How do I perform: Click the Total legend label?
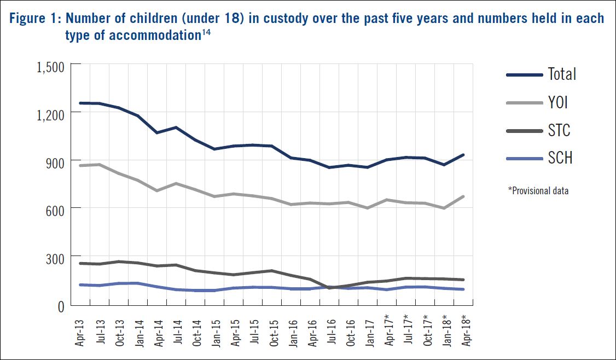coord(562,74)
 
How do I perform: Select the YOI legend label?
coord(559,102)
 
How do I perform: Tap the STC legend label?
coord(559,130)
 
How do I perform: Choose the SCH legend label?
coord(560,159)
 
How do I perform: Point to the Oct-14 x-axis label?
coord(196,330)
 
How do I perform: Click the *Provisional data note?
coord(538,191)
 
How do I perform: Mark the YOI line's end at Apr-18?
coord(464,196)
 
